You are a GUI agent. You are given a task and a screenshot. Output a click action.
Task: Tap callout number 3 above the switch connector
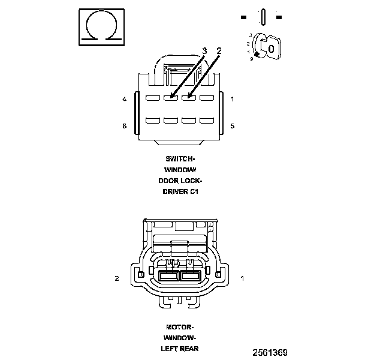[204, 51]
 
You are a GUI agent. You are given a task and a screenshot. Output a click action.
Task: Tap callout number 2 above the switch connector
[219, 51]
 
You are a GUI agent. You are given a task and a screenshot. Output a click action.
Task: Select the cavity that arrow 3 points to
[171, 98]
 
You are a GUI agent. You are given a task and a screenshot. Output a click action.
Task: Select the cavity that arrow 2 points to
[189, 98]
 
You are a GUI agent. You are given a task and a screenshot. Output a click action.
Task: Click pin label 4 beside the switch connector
[124, 99]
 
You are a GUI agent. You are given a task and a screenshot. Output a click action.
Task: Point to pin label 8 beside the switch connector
[124, 126]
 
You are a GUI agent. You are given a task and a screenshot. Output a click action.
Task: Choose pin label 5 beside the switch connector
[232, 126]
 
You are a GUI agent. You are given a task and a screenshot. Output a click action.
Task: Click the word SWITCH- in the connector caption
[180, 159]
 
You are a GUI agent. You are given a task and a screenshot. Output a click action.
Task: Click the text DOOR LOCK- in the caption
[180, 181]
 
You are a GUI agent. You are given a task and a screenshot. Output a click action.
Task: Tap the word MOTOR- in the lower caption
[180, 327]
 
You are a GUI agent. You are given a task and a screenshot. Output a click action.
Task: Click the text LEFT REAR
[180, 349]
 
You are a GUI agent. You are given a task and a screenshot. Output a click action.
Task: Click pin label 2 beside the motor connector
[117, 278]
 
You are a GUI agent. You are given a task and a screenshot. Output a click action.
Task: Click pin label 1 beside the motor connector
[242, 278]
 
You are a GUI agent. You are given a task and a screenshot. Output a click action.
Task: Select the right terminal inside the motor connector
[191, 276]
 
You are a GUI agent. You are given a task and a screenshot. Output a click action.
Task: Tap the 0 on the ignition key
[271, 48]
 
